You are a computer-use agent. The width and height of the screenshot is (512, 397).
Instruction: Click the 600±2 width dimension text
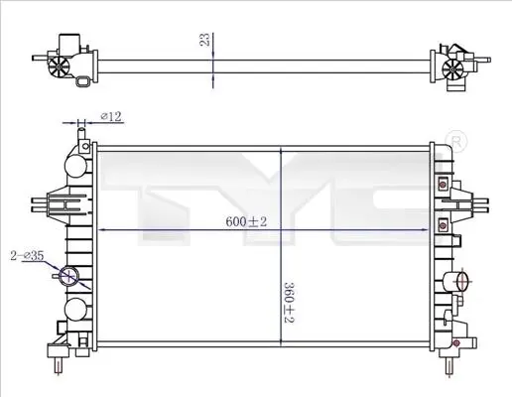[246, 221]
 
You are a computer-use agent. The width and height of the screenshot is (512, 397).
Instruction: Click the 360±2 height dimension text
[289, 303]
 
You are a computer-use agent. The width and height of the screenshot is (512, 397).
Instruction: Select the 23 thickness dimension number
[205, 40]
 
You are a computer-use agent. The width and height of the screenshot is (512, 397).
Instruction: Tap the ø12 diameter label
[111, 116]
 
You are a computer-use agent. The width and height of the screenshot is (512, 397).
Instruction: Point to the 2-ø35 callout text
[27, 255]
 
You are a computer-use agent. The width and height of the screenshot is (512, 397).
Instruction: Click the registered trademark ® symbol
[456, 142]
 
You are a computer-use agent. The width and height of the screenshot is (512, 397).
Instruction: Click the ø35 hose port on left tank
[68, 276]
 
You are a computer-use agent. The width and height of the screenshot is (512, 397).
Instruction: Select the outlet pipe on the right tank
[455, 281]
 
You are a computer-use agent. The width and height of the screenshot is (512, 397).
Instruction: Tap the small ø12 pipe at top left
[81, 136]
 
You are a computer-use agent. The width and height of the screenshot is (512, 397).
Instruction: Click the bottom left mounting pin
[59, 366]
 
